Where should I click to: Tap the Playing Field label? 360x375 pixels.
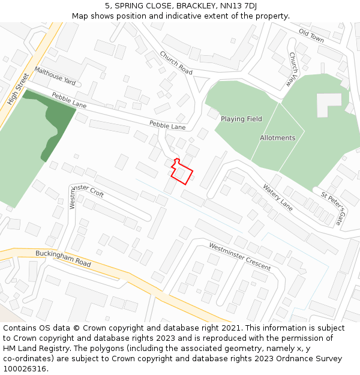tap(241, 119)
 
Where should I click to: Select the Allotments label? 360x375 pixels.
tap(277, 138)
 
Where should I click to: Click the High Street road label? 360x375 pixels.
tap(18, 90)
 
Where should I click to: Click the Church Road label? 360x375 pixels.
tap(176, 62)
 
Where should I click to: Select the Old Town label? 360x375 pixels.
tap(311, 35)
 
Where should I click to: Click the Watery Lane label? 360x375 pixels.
tap(277, 197)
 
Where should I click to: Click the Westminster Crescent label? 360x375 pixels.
tap(239, 256)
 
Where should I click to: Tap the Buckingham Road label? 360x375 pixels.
tap(63, 260)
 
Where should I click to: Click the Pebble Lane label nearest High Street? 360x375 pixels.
tap(69, 100)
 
